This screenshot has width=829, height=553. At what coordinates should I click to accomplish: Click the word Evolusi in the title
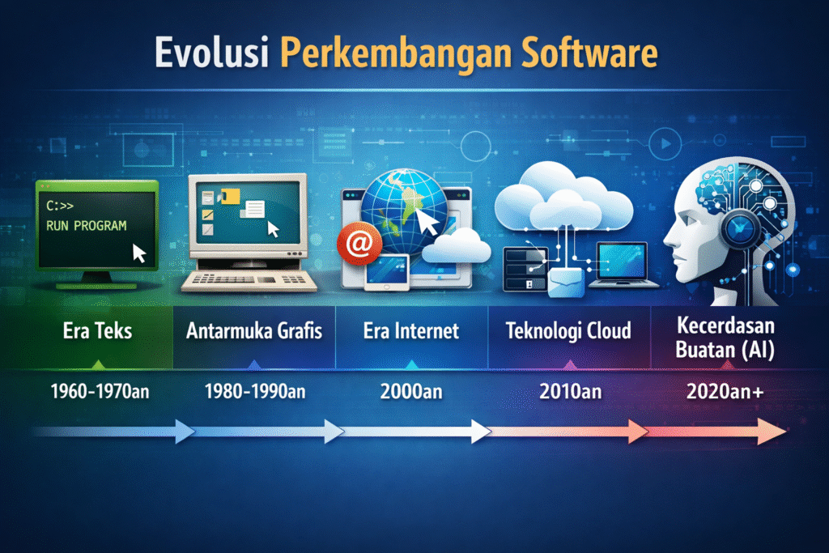[211, 53]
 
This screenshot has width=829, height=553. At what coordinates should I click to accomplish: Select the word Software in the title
[589, 53]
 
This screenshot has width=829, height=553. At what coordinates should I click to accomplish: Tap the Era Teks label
[97, 331]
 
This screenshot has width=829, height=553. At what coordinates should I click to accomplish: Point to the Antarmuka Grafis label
[253, 331]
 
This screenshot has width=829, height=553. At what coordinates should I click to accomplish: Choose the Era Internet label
[410, 331]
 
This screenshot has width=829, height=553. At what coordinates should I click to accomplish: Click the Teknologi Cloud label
[568, 331]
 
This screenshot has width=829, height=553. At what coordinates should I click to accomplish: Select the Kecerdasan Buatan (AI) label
[725, 338]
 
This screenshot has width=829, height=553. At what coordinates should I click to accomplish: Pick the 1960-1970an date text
[100, 392]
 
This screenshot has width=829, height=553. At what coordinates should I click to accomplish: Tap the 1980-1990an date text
[255, 392]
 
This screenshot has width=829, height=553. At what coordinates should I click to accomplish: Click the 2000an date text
[411, 392]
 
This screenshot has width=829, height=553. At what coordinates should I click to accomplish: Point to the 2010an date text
[571, 392]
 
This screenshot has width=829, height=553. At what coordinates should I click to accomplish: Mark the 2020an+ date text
[725, 392]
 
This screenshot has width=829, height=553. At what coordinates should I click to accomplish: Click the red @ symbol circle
[359, 243]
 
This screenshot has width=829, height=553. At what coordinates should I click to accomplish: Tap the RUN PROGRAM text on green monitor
[86, 226]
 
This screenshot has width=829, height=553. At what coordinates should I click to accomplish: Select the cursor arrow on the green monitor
[138, 253]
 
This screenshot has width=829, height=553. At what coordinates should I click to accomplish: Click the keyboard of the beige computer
[249, 281]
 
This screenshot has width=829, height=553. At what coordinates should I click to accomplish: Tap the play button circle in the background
[665, 143]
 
